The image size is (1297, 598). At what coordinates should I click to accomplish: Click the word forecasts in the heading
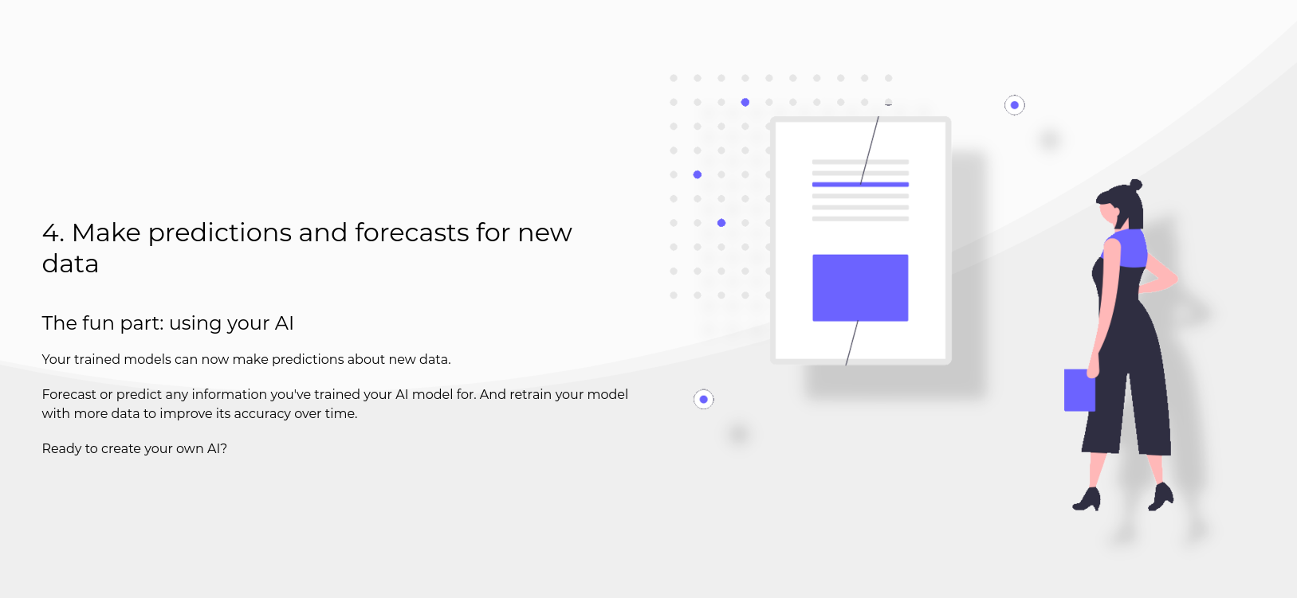(411, 233)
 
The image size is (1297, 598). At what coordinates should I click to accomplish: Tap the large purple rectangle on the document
(860, 287)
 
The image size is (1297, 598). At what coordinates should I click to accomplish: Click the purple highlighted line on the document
(860, 185)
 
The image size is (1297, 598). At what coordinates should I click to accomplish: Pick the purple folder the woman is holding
(1079, 390)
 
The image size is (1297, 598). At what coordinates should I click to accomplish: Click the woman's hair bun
(1136, 185)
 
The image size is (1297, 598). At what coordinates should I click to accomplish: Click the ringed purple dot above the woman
(1015, 105)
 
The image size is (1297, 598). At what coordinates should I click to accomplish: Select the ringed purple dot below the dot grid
(704, 399)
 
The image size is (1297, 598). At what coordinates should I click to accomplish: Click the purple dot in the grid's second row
(745, 103)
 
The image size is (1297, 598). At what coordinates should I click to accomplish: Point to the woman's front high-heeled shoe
(1087, 500)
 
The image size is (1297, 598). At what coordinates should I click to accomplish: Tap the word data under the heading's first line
(70, 264)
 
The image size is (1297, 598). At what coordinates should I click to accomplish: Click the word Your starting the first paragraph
(56, 360)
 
